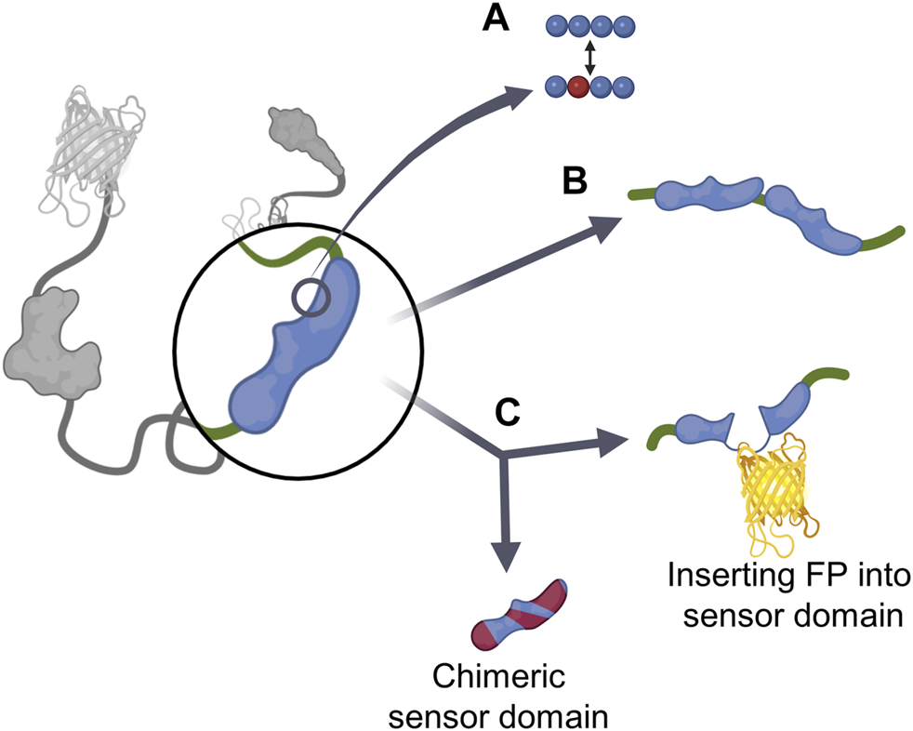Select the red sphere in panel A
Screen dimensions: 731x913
[577, 88]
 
